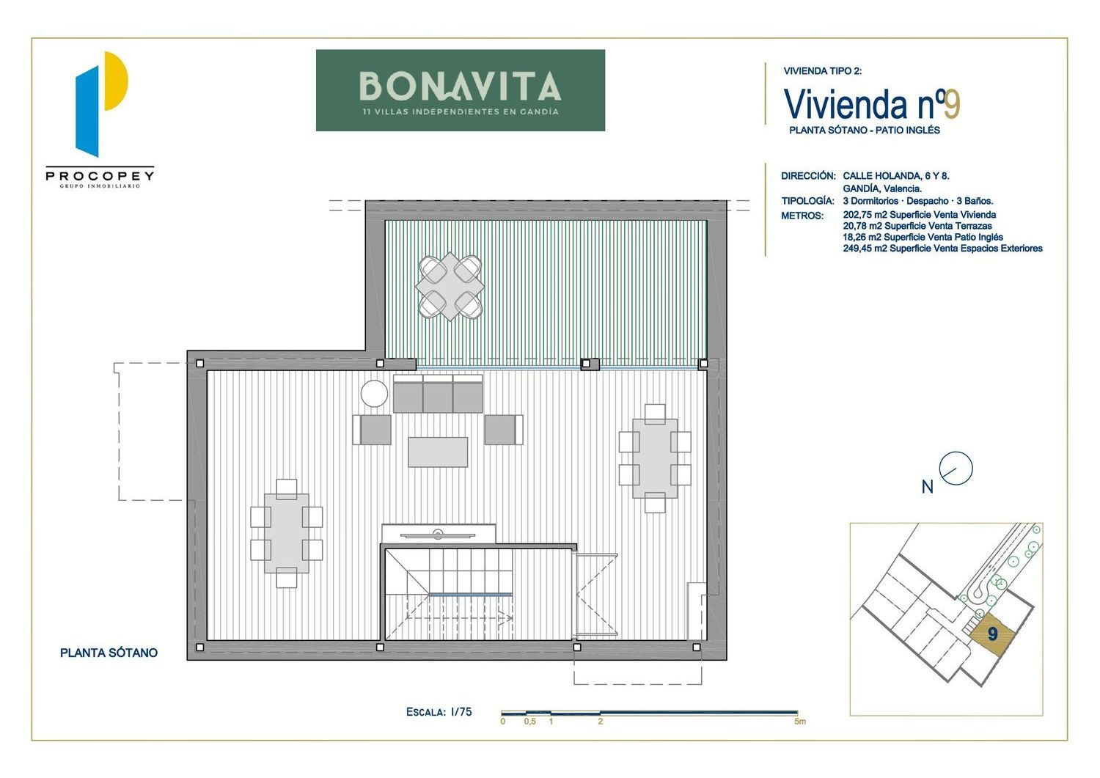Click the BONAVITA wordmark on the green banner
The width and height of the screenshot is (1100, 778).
[460, 87]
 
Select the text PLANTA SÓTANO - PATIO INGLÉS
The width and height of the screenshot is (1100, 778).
[865, 131]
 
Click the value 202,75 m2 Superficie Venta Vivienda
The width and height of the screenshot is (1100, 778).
[920, 215]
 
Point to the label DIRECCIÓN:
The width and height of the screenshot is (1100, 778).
[808, 176]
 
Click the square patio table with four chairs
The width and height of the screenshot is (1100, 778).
[450, 287]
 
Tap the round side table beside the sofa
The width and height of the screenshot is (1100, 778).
[374, 394]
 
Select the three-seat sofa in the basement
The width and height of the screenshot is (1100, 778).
[438, 394]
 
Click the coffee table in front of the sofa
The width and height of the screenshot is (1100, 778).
[438, 452]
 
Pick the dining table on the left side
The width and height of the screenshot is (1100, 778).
[286, 533]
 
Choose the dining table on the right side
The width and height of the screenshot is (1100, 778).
[655, 458]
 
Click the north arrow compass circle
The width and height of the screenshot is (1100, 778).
[956, 469]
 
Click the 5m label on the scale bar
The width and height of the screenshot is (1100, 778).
[800, 722]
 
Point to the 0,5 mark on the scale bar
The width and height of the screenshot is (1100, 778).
[530, 722]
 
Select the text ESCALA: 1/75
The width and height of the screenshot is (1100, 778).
[439, 712]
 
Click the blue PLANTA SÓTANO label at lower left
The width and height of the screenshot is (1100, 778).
[109, 653]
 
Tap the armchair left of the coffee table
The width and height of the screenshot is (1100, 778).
[372, 430]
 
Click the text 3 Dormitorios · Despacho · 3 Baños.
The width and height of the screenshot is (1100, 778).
[918, 201]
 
